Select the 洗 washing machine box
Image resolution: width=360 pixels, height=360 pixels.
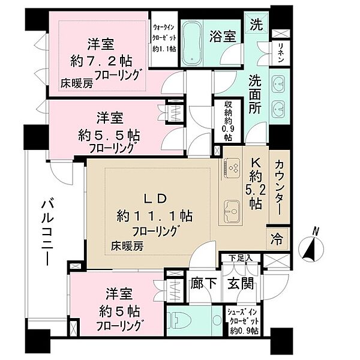(x=256, y=26)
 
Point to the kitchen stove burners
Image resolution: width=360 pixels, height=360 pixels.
(x=231, y=169)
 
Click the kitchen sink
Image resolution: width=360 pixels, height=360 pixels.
(x=231, y=211)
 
